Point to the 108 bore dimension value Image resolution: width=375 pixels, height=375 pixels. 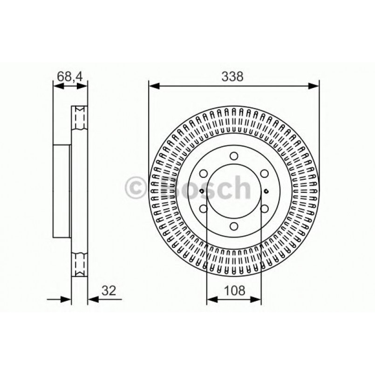tap(234, 291)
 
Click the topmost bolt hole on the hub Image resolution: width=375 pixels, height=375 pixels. tap(234, 157)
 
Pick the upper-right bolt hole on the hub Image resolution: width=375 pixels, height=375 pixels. tap(264, 174)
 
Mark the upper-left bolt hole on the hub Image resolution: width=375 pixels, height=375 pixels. tap(204, 174)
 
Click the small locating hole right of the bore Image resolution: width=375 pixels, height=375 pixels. tap(266, 191)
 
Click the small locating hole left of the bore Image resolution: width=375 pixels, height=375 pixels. tap(201, 191)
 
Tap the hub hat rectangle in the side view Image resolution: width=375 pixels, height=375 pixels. tap(62, 191)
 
